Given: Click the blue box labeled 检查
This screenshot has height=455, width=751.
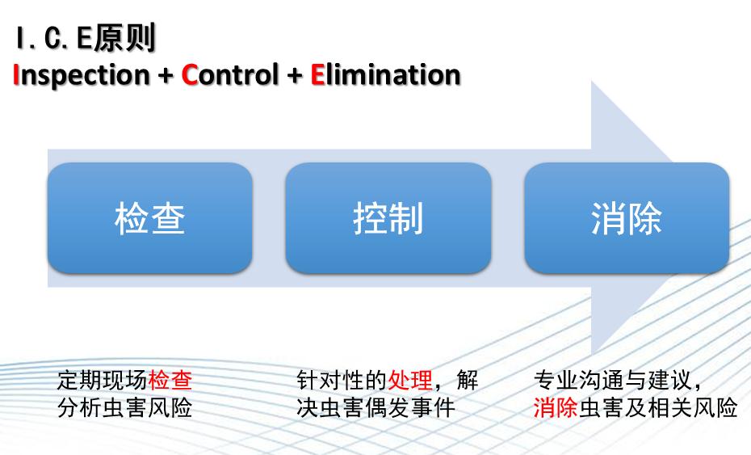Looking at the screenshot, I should tap(150, 218).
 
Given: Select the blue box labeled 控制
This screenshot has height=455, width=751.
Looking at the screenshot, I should tap(388, 218).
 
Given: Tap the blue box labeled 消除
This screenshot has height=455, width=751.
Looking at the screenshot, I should tap(627, 218).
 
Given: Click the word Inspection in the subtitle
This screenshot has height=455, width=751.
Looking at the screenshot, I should tap(82, 75).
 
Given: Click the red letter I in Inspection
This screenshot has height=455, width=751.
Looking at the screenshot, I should tap(17, 75).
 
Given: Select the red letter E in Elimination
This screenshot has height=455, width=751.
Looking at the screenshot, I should tap(317, 75).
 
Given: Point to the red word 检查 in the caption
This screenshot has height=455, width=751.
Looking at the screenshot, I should tap(170, 380).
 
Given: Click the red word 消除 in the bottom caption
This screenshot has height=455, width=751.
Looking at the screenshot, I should tap(556, 407).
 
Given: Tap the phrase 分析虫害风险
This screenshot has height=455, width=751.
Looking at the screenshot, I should tap(125, 407).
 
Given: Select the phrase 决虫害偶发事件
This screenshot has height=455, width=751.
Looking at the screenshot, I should tap(375, 407).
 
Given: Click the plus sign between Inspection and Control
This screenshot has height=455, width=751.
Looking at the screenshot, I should tap(166, 76).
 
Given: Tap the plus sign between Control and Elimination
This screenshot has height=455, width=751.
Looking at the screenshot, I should tap(293, 76).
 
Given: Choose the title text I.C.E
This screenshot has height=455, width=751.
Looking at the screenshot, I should tap(52, 39).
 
